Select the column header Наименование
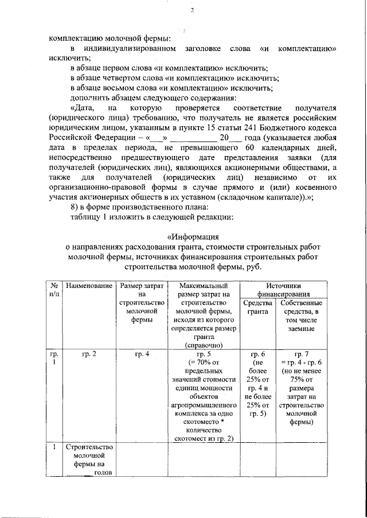pyautogui.click(x=88, y=285)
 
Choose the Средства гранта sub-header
pyautogui.click(x=257, y=307)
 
